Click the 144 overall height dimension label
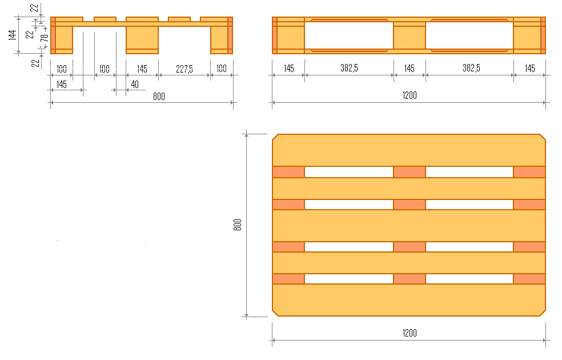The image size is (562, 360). click(12, 35)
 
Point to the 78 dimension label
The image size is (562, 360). click(45, 38)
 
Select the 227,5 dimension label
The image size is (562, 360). click(184, 69)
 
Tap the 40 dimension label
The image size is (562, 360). click(135, 85)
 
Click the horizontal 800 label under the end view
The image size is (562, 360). click(159, 97)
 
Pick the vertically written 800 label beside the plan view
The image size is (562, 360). click(237, 225)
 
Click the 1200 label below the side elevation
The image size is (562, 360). click(410, 95)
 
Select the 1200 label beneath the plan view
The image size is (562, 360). click(410, 333)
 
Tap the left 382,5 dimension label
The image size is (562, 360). click(349, 68)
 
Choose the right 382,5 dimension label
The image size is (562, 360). click(471, 68)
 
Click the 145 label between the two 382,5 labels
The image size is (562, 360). click(410, 69)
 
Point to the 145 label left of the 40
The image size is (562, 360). click(61, 85)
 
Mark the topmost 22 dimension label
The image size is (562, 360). click(34, 7)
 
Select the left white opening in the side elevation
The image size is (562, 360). click(349, 35)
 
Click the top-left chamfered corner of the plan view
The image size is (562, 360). click(275, 137)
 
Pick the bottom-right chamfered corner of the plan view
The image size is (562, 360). click(543, 313)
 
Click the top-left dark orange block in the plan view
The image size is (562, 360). click(288, 172)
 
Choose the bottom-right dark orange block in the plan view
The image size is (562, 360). click(529, 279)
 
